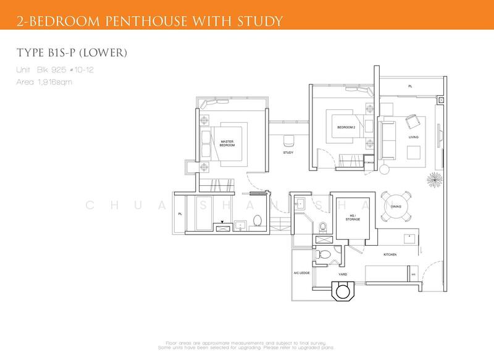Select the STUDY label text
(288, 153)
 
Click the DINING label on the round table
(396, 207)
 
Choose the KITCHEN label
(389, 254)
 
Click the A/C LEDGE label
(301, 272)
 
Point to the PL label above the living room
(409, 87)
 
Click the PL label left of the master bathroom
(180, 214)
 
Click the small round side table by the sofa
(385, 169)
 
